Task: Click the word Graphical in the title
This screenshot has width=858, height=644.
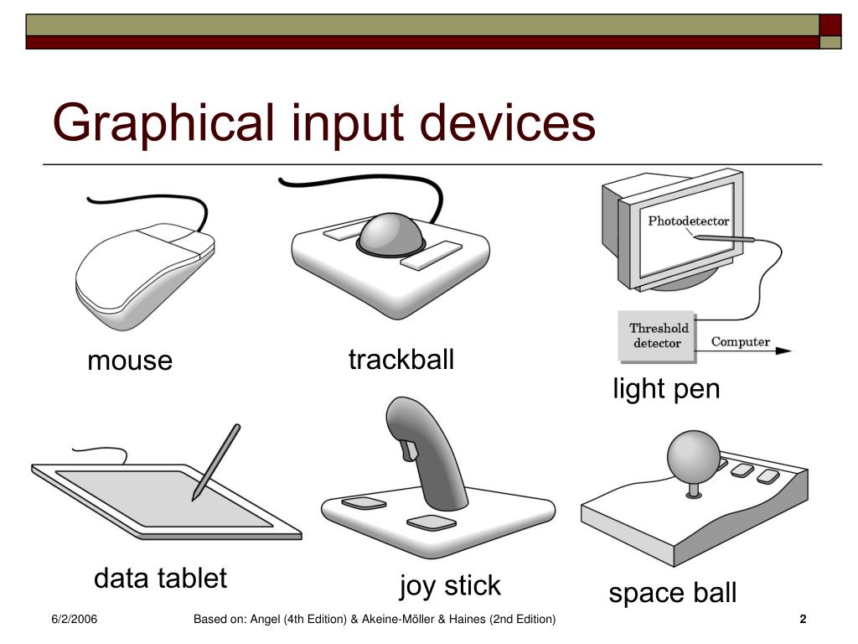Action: tap(163, 125)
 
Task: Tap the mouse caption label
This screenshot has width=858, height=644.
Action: tap(130, 361)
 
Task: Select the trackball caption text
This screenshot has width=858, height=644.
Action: tap(401, 359)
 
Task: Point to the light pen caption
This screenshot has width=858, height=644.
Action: tap(666, 389)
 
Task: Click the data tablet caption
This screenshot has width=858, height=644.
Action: tap(160, 578)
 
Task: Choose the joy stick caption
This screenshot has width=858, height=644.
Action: tap(450, 586)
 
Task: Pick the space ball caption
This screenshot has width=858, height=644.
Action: tap(673, 594)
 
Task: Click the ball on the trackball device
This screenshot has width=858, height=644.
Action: tap(390, 234)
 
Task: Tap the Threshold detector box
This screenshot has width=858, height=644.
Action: tap(657, 336)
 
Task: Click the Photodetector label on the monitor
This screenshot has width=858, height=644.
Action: tap(689, 221)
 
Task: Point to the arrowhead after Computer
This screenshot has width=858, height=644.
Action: tap(783, 351)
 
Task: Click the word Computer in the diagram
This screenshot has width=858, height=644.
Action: tap(741, 342)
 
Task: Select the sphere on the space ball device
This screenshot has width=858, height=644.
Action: tap(694, 456)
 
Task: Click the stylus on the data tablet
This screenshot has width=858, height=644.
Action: tap(215, 462)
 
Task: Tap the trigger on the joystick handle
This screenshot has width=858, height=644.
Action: tap(408, 450)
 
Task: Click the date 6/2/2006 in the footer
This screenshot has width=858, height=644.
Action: tap(75, 620)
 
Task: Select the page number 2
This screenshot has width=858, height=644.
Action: tap(803, 620)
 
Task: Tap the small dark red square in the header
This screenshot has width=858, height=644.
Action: tap(830, 25)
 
